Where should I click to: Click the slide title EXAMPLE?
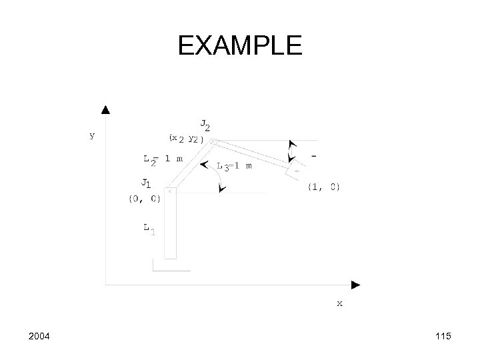(x=240, y=45)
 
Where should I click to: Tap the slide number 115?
(x=442, y=337)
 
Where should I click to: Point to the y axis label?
(x=92, y=135)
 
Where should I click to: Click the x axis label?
(x=339, y=303)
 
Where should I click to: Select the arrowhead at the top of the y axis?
(x=105, y=109)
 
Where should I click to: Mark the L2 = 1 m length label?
(x=163, y=159)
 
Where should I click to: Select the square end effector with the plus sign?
(x=294, y=171)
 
